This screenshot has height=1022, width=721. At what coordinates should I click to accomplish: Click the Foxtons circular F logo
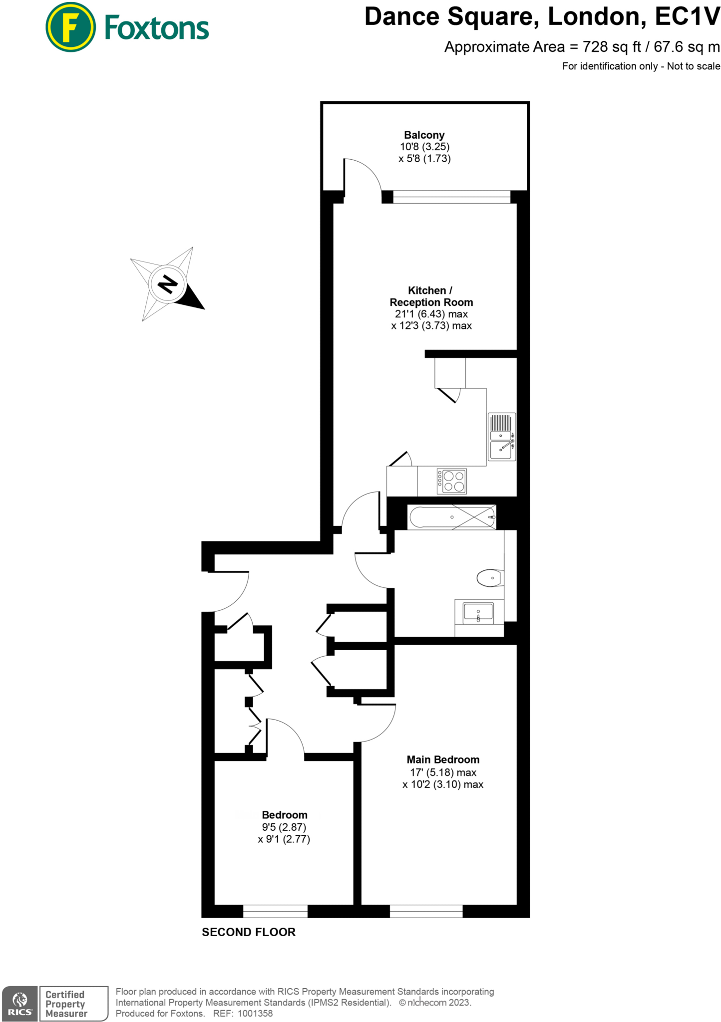tap(70, 27)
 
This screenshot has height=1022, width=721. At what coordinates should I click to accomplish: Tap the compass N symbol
tap(167, 284)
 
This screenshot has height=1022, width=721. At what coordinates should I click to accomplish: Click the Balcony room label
tap(424, 135)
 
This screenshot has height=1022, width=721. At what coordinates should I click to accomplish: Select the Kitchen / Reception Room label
tap(431, 296)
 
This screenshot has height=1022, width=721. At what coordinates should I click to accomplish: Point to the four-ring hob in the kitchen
tap(451, 481)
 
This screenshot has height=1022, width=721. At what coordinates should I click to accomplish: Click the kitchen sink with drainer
tap(501, 437)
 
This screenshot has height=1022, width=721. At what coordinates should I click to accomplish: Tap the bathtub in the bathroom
tap(452, 517)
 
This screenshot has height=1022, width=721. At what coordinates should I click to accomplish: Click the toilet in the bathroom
tap(489, 578)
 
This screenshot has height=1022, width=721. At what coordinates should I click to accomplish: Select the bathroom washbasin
tap(478, 612)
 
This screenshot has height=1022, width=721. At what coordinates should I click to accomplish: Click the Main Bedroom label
tap(443, 760)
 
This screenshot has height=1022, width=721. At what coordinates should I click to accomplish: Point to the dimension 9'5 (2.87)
tap(284, 827)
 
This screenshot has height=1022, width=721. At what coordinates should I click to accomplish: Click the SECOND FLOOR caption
tap(249, 932)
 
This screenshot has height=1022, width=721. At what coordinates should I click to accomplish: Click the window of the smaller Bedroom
tap(275, 911)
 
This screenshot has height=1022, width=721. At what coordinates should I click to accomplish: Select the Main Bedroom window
tap(426, 911)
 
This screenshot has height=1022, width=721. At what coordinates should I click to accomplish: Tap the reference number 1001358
tap(255, 1014)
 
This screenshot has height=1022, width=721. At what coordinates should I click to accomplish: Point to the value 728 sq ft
tap(612, 47)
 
